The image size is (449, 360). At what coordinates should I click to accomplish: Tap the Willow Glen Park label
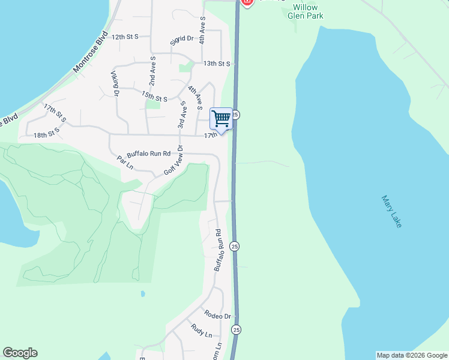[307, 11]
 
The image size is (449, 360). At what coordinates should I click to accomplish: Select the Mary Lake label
[391, 211]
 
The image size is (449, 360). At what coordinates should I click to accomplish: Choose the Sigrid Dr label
[181, 39]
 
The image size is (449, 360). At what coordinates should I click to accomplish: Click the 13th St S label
[217, 63]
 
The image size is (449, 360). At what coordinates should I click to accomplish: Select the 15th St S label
[154, 96]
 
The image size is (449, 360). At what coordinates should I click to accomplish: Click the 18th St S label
[47, 133]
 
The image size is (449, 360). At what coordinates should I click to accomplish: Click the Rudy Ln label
[201, 330]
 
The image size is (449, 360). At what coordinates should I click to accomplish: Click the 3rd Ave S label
[181, 115]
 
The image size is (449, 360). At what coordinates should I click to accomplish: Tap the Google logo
[20, 353]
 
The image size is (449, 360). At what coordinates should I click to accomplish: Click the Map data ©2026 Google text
[412, 355]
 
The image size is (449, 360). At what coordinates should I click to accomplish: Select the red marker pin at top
[247, 2]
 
